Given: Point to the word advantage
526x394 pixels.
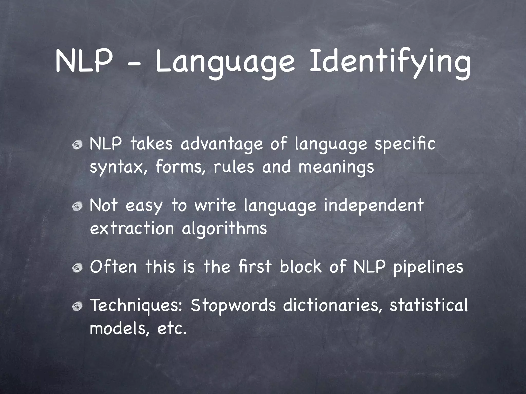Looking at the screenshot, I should coord(222,145).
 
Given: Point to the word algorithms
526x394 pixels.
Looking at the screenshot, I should coord(224,228).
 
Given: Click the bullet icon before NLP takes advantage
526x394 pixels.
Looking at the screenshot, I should coord(77,145).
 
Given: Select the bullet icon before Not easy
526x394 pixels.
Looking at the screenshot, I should coord(77,206).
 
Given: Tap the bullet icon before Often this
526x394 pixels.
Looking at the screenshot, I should coord(77,268).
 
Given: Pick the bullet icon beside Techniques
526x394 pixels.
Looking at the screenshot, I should coord(77,306).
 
